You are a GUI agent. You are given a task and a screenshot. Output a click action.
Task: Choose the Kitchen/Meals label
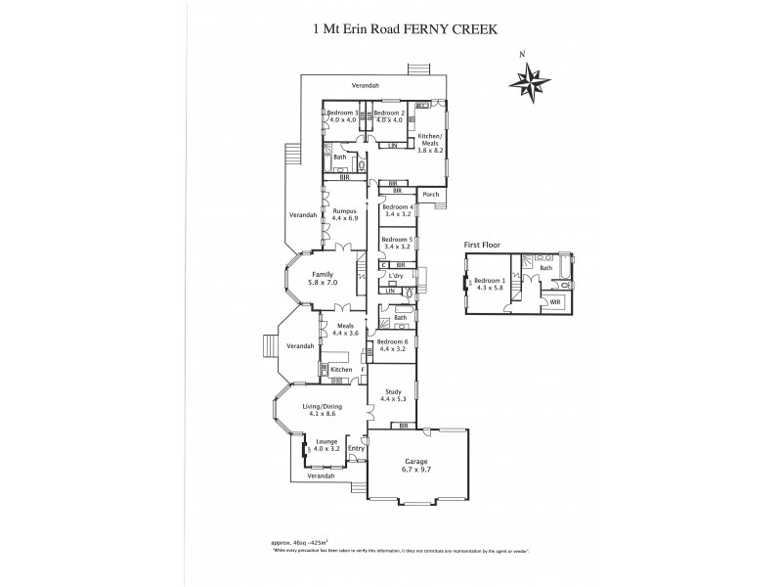(x=431, y=142)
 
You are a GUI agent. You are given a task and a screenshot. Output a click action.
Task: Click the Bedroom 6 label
(x=398, y=345)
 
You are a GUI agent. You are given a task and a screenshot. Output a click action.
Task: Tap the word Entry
(x=356, y=449)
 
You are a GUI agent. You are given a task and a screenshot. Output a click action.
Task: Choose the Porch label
(x=431, y=195)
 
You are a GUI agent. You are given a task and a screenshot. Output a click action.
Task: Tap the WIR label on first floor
(x=555, y=302)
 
